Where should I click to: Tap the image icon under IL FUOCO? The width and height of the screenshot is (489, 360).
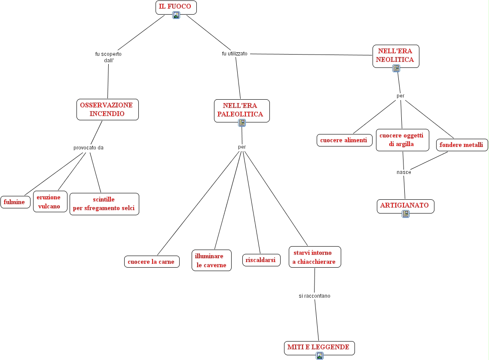pyautogui.click(x=176, y=15)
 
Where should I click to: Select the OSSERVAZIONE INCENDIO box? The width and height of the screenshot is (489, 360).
pyautogui.click(x=107, y=110)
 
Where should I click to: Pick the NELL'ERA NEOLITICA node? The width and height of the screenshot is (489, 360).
pyautogui.click(x=395, y=55)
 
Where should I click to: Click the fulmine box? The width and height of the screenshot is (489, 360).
pyautogui.click(x=15, y=202)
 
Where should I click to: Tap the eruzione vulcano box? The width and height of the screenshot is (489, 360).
pyautogui.click(x=50, y=202)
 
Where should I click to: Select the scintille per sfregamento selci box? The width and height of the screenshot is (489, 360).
pyautogui.click(x=104, y=204)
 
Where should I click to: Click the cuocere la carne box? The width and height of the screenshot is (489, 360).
pyautogui.click(x=151, y=262)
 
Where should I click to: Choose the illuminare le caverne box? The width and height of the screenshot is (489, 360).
pyautogui.click(x=211, y=261)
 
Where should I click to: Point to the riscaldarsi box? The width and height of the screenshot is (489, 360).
pyautogui.click(x=261, y=260)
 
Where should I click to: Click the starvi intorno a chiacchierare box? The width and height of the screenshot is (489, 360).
pyautogui.click(x=315, y=257)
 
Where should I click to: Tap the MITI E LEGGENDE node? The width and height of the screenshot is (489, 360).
pyautogui.click(x=319, y=347)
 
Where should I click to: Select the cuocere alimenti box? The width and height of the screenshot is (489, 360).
pyautogui.click(x=344, y=140)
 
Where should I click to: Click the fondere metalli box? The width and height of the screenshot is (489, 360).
pyautogui.click(x=461, y=145)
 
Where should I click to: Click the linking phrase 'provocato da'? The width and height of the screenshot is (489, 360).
pyautogui.click(x=89, y=148)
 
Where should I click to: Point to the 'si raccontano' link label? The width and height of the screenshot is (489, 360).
pyautogui.click(x=315, y=296)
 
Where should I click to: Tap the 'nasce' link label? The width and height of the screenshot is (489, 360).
pyautogui.click(x=404, y=172)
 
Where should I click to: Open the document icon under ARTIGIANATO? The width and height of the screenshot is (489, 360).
pyautogui.click(x=406, y=214)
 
